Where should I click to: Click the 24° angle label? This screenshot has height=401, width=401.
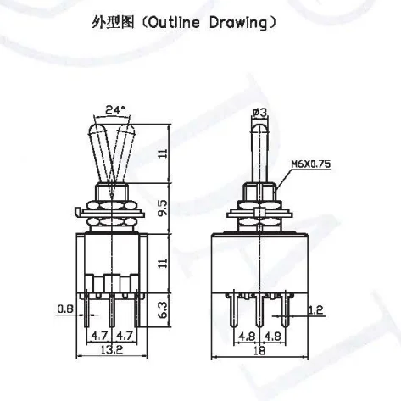pos(116,109)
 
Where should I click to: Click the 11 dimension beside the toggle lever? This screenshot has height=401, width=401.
pos(175,153)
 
